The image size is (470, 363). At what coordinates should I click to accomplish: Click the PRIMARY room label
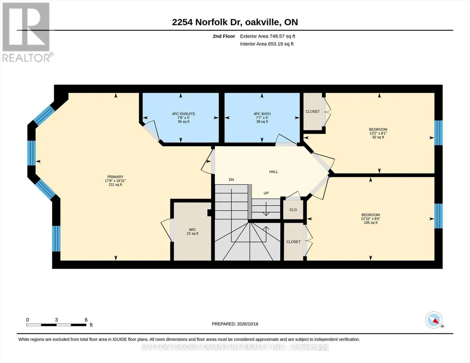[x=115, y=177]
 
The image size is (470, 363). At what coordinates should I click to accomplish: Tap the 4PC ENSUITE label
[x=183, y=114]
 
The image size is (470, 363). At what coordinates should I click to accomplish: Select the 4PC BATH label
[x=262, y=114]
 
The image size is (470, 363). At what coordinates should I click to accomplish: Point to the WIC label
[x=192, y=229]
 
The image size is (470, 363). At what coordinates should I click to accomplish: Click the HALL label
[x=274, y=172]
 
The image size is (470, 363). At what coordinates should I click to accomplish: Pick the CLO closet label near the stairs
[x=293, y=210]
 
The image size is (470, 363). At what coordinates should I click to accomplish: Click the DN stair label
[x=231, y=179]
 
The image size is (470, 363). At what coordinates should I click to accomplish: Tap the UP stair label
[x=266, y=193]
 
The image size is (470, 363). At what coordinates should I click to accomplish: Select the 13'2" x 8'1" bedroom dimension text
[x=378, y=133]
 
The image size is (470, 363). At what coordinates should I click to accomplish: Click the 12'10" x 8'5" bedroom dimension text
[x=370, y=219]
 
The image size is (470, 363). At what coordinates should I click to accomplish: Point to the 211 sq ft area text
[x=115, y=185]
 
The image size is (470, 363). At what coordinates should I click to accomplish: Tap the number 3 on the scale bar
[x=56, y=320]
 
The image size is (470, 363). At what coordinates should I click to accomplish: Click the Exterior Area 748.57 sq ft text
[x=268, y=36]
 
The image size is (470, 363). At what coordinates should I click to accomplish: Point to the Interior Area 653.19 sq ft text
[x=267, y=44]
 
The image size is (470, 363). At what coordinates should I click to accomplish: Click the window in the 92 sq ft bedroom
[x=439, y=133]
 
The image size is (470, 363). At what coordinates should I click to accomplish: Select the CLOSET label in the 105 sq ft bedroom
[x=293, y=242]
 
